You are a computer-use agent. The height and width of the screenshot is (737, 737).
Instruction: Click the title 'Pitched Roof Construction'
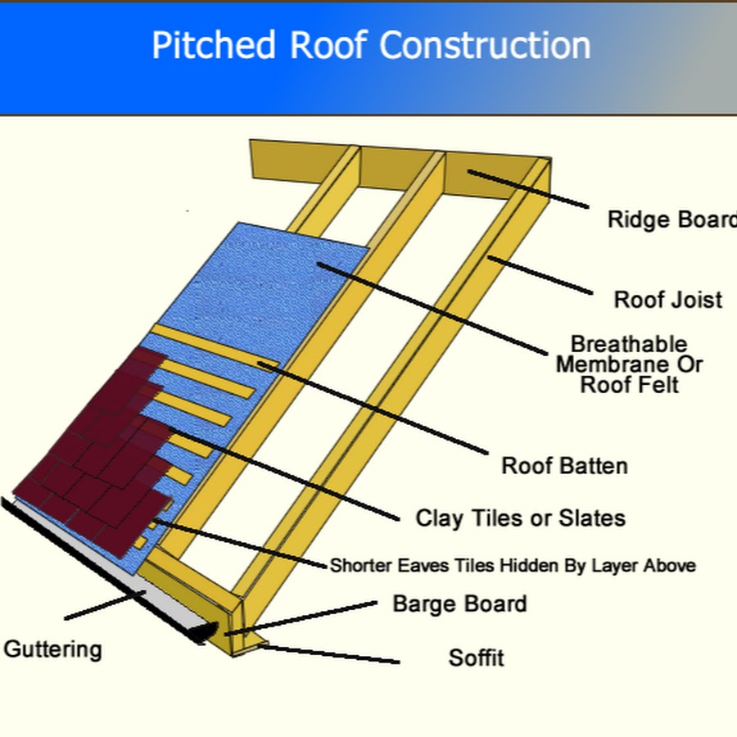(x=370, y=45)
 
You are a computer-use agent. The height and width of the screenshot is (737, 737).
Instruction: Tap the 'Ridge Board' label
(x=671, y=219)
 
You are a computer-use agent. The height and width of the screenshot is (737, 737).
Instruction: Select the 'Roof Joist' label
(x=668, y=299)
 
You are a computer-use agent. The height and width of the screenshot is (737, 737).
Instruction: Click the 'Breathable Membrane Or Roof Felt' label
(x=629, y=364)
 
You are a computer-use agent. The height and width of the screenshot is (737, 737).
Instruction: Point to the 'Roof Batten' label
(x=564, y=466)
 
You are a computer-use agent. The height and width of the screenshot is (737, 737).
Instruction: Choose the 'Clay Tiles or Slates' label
(x=520, y=518)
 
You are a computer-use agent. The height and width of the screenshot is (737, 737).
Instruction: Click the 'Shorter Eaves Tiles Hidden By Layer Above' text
(x=513, y=565)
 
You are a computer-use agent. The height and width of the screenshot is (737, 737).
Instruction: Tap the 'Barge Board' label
(x=459, y=604)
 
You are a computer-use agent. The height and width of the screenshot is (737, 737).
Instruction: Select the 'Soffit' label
(x=476, y=657)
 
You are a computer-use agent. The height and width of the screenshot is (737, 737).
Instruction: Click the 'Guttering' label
(x=53, y=649)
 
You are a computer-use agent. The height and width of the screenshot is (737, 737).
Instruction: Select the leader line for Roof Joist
(x=540, y=274)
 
